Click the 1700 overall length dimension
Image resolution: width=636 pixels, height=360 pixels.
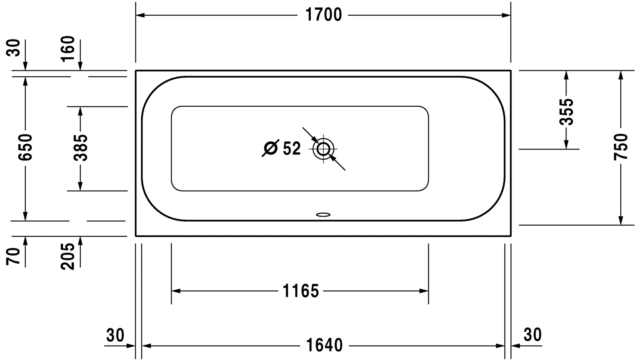coord(323,15)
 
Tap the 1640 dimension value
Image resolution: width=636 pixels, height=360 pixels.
coord(324,345)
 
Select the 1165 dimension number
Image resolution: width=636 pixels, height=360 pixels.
coord(301,291)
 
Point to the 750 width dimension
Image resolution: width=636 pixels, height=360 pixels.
coord(620,147)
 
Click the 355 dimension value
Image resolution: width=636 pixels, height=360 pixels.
coord(566,111)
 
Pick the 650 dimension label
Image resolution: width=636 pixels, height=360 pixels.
coord(25,147)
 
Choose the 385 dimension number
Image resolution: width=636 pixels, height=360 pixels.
coord(80,148)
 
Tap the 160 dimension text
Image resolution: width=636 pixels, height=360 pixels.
coord(68,48)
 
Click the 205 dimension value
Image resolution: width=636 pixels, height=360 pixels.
coord(68,256)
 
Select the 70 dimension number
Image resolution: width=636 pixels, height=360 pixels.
coord(13,256)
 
